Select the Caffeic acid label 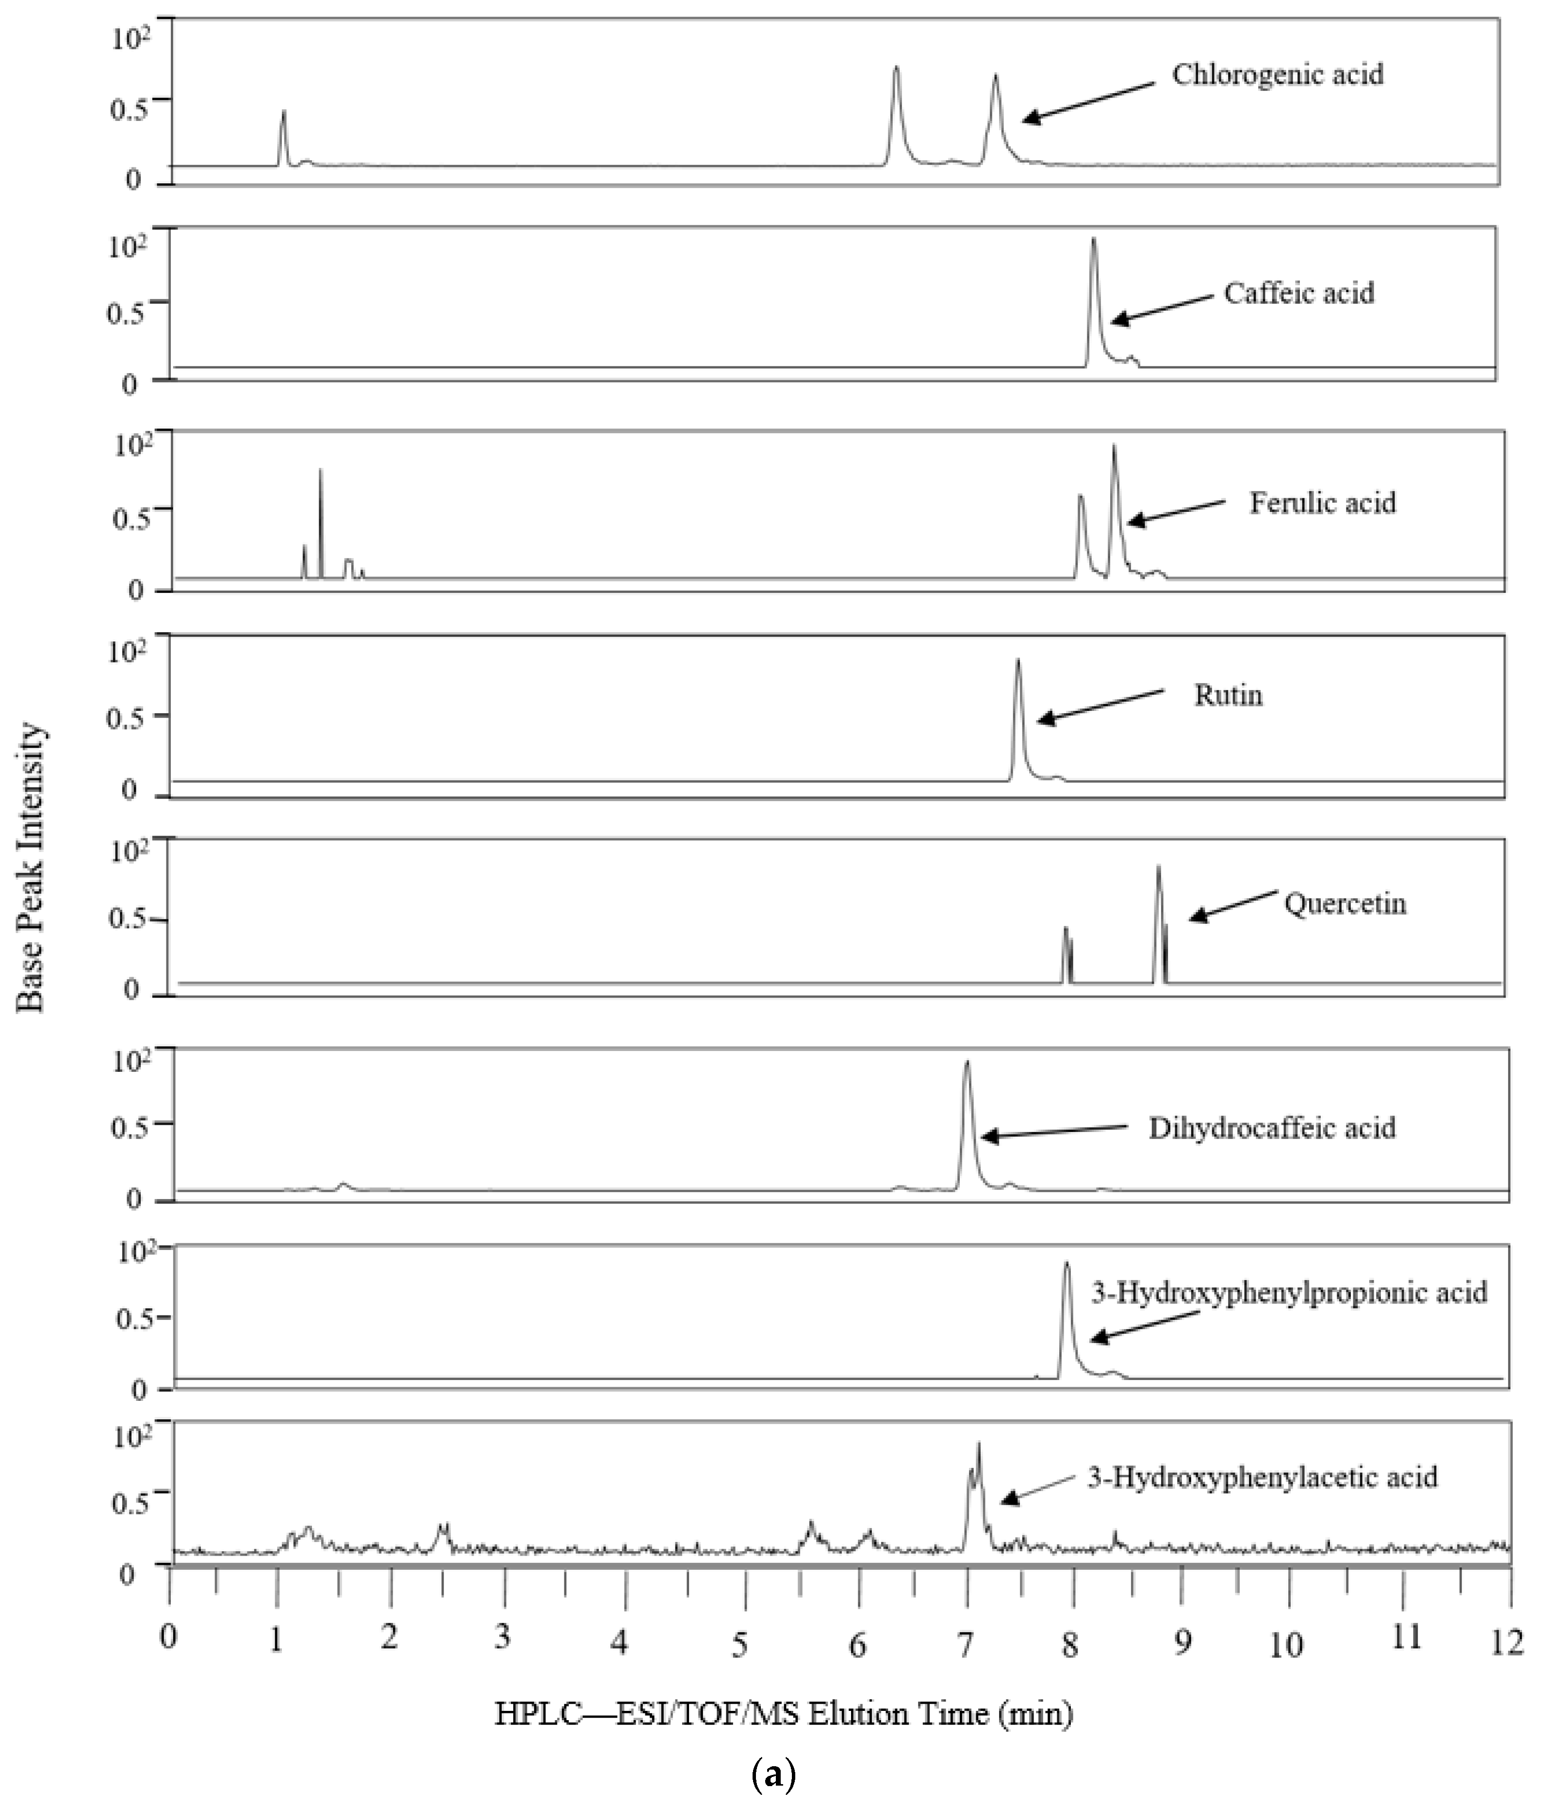point(1299,294)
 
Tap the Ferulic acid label point(1322,504)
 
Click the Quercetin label point(1345,904)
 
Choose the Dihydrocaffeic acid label point(1272,1129)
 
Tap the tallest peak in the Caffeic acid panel point(1094,240)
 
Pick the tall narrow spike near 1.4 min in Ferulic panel point(321,471)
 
